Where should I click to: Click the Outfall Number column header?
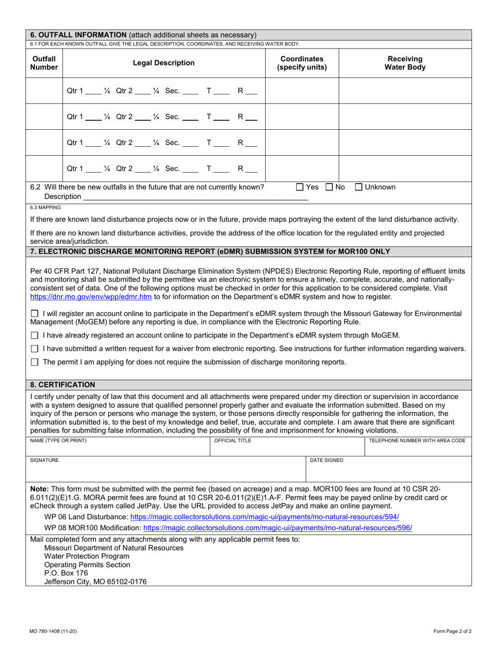[x=44, y=63]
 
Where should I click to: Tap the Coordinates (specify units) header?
[x=302, y=63]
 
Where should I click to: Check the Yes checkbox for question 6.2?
[x=300, y=187]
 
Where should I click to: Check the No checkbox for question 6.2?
[x=329, y=187]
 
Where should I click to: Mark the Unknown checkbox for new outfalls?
[x=359, y=187]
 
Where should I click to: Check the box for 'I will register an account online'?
[x=35, y=313]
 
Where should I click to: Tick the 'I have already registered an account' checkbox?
[x=35, y=335]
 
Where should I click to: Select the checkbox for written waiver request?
[x=35, y=349]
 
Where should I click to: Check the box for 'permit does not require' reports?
[x=35, y=362]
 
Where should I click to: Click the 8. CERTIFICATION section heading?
[x=63, y=385]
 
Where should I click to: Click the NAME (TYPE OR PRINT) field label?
[x=59, y=441]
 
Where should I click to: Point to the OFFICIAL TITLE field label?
[x=233, y=441]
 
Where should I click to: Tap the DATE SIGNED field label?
[x=326, y=460]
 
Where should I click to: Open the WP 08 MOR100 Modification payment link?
[x=277, y=528]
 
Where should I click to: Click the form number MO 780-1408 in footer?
[x=52, y=631]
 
